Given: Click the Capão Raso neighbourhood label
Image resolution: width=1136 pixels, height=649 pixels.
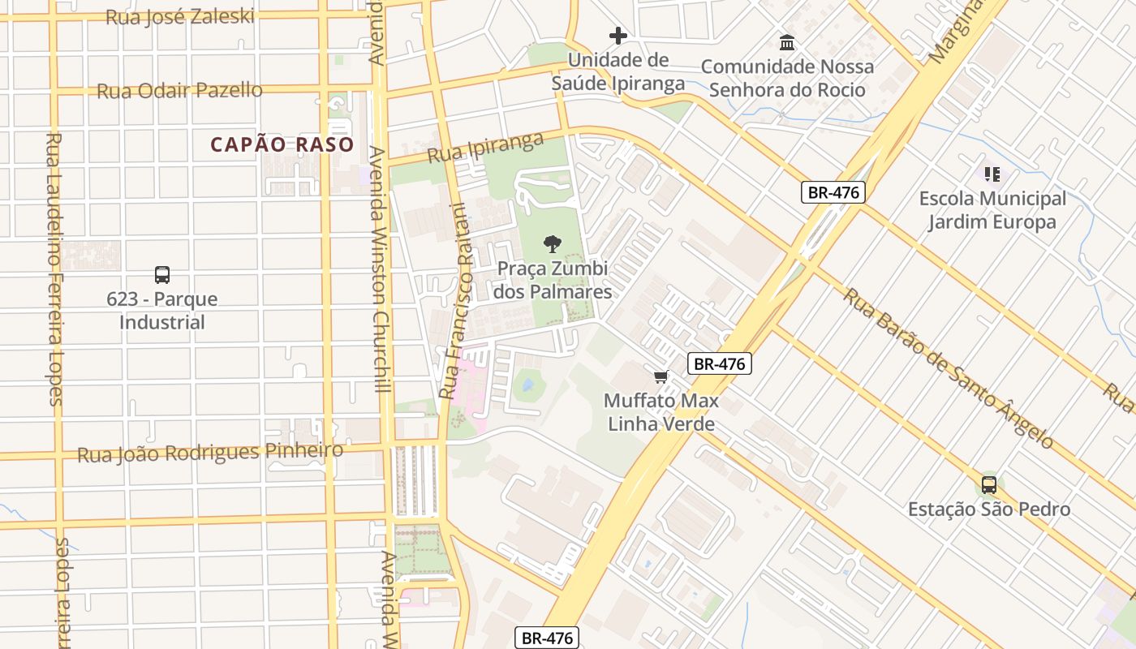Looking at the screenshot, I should (x=282, y=145).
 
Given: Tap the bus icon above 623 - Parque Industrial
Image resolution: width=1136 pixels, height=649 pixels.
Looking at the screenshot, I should (x=162, y=274).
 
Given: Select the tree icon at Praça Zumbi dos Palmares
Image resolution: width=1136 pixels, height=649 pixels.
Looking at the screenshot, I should (x=553, y=243).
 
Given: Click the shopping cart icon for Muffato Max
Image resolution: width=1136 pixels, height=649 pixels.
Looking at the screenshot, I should (x=661, y=376).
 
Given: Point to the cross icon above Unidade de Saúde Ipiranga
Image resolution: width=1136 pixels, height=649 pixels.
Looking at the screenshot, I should (x=618, y=36).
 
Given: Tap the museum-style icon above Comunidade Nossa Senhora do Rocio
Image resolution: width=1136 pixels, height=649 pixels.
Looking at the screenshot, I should (x=787, y=42).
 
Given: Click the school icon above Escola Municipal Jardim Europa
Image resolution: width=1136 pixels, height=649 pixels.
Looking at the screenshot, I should (x=992, y=174).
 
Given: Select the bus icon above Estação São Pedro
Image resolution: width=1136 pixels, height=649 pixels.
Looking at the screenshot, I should (x=988, y=485).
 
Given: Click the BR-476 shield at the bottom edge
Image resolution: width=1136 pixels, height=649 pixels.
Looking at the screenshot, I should (x=547, y=638).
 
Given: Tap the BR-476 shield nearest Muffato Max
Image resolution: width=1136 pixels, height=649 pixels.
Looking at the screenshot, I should (x=720, y=363).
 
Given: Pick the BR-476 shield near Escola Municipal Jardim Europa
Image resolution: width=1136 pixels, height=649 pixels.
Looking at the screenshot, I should (x=833, y=192).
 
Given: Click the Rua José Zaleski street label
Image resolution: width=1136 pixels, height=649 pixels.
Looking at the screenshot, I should (x=180, y=16).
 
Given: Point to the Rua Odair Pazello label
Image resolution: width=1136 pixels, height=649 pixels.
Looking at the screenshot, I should (x=179, y=90).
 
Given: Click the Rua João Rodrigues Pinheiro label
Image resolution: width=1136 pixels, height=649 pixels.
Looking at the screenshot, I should (x=210, y=453).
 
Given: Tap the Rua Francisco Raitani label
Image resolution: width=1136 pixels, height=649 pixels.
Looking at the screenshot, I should (x=454, y=300).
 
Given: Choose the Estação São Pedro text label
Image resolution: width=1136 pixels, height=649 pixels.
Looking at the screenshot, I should (x=988, y=509).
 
